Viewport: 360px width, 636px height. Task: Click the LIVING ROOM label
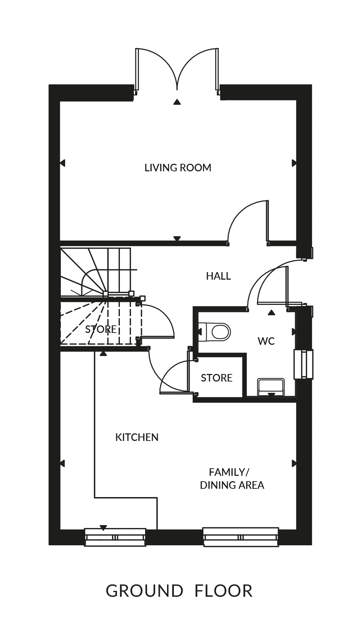178,168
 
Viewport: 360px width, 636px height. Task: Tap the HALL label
218,276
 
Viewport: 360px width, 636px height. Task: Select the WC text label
266,341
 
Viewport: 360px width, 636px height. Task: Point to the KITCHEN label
137,437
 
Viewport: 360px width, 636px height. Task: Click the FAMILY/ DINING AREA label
232,479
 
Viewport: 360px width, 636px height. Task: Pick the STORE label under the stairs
101,329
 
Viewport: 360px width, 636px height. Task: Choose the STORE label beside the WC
216,378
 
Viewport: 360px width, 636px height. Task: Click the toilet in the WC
215,331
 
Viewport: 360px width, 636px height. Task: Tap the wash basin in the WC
271,387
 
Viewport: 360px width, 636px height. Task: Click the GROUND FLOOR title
179,591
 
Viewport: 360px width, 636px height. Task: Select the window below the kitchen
115,537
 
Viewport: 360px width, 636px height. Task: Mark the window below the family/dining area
241,537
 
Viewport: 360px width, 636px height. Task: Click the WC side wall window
303,364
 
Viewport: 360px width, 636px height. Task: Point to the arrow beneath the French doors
177,102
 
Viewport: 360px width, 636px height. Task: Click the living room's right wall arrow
294,163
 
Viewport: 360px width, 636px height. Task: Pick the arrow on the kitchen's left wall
62,463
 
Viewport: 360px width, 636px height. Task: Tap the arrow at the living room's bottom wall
177,238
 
